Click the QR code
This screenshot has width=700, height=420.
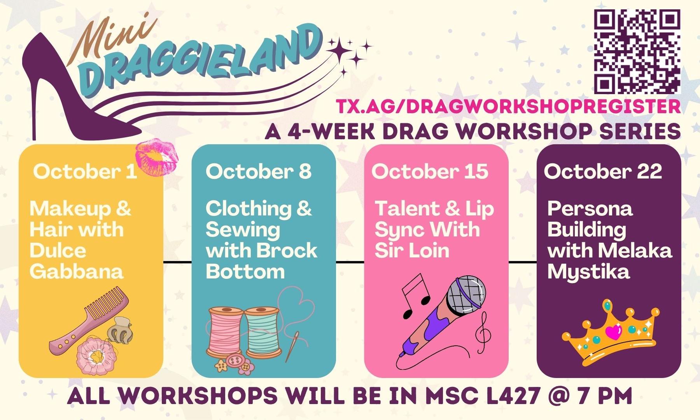tap(637, 51)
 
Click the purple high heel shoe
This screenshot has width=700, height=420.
tap(78, 89)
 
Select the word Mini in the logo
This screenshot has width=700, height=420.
tap(113, 37)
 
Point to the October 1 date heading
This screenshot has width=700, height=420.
tap(85, 171)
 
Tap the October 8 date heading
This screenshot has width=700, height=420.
tap(259, 171)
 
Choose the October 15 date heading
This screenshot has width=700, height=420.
tap(430, 171)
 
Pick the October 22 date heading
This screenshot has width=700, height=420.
tap(603, 171)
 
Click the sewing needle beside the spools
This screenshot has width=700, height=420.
tap(293, 346)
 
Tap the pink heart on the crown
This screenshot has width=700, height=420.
tap(614, 332)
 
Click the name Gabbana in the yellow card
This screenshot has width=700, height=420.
tap(77, 271)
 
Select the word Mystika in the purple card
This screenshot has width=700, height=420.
tap(588, 272)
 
